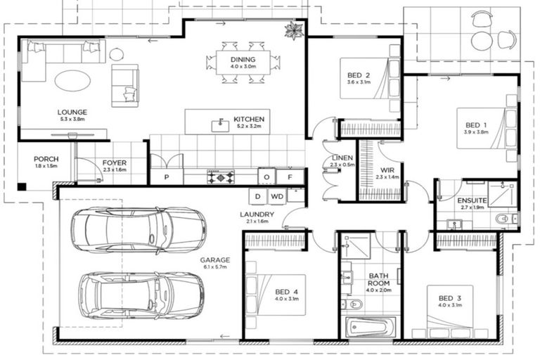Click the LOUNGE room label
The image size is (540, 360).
pos(72,112)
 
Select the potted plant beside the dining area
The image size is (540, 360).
pos(292,30)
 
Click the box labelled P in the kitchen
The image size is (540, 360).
pos(167,177)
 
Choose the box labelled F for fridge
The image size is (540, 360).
pos(289,177)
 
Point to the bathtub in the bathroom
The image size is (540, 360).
pos(372,327)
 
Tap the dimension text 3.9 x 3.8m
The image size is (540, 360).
pos(475,131)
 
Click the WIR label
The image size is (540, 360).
pos(387,170)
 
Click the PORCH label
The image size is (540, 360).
pos(46,159)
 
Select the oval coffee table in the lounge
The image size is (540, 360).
pos(72,80)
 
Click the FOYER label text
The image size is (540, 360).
pos(115,162)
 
